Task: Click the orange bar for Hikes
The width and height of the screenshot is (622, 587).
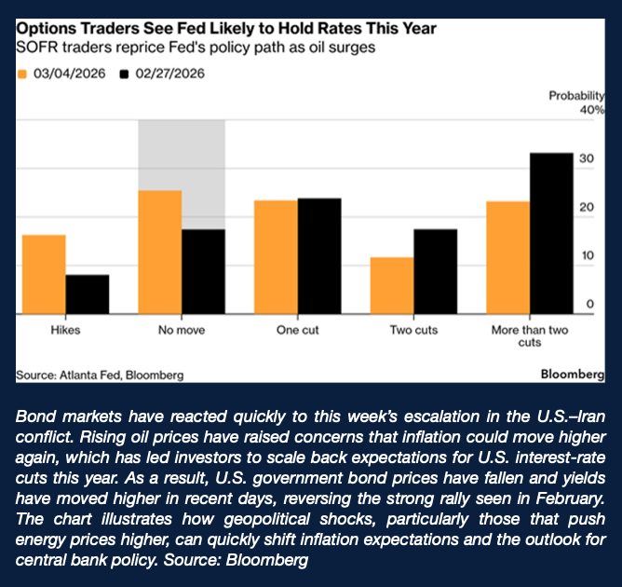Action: coord(44,275)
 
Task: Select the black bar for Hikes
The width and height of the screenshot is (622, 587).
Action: coord(87,294)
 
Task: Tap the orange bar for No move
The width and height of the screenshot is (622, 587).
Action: coord(159,253)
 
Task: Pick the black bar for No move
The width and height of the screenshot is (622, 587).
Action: coord(203,272)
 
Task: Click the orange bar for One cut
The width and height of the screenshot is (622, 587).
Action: coord(276,257)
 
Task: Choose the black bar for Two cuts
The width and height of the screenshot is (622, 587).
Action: coord(435,272)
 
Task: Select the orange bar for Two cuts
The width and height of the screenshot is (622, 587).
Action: coord(392,286)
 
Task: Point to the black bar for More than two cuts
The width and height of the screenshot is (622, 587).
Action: coord(551,234)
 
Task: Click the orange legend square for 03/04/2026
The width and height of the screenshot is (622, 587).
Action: coord(22,73)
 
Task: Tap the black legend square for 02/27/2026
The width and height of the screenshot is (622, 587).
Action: coord(123,73)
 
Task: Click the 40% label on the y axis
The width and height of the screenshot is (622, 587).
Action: coord(592,110)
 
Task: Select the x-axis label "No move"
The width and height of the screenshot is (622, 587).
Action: coord(182,330)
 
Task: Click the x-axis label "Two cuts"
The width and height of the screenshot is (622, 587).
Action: coord(413,330)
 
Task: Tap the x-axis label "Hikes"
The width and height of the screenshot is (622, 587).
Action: coord(65,330)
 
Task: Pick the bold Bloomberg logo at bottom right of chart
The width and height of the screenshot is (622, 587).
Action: coord(572,374)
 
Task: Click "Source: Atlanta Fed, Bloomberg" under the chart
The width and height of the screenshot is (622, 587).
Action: coord(100,375)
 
